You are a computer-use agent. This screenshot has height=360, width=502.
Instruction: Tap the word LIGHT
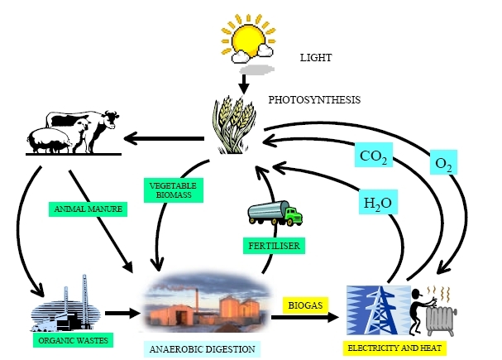click(x=315, y=58)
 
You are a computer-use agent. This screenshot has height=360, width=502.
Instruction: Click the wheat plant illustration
click(x=234, y=125)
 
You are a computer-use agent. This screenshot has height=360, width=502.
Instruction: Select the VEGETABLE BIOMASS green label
click(x=169, y=189)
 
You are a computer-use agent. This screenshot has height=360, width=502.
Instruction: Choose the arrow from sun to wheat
click(x=244, y=81)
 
